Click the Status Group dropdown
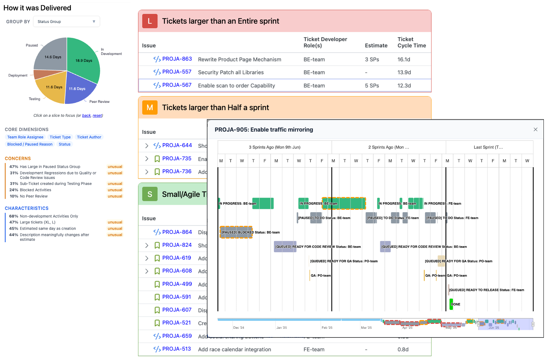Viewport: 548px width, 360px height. [66, 22]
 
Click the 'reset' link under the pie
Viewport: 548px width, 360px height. [97, 116]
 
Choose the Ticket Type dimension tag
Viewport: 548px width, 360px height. [60, 137]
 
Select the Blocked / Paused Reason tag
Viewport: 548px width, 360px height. [30, 144]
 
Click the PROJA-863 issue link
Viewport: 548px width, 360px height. [177, 59]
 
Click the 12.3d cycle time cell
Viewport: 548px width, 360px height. [404, 85]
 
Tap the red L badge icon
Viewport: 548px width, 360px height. [150, 21]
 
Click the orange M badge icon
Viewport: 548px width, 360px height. [150, 108]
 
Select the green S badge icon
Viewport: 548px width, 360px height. [150, 194]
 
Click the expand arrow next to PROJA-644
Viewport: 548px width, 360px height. [147, 146]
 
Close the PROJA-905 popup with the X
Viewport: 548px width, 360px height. [535, 130]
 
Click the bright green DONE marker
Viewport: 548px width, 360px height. [451, 304]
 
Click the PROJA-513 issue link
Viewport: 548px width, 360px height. [176, 349]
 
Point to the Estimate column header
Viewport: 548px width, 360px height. [376, 46]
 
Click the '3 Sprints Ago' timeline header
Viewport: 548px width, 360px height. [274, 147]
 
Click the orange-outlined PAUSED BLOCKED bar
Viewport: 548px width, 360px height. [236, 232]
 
